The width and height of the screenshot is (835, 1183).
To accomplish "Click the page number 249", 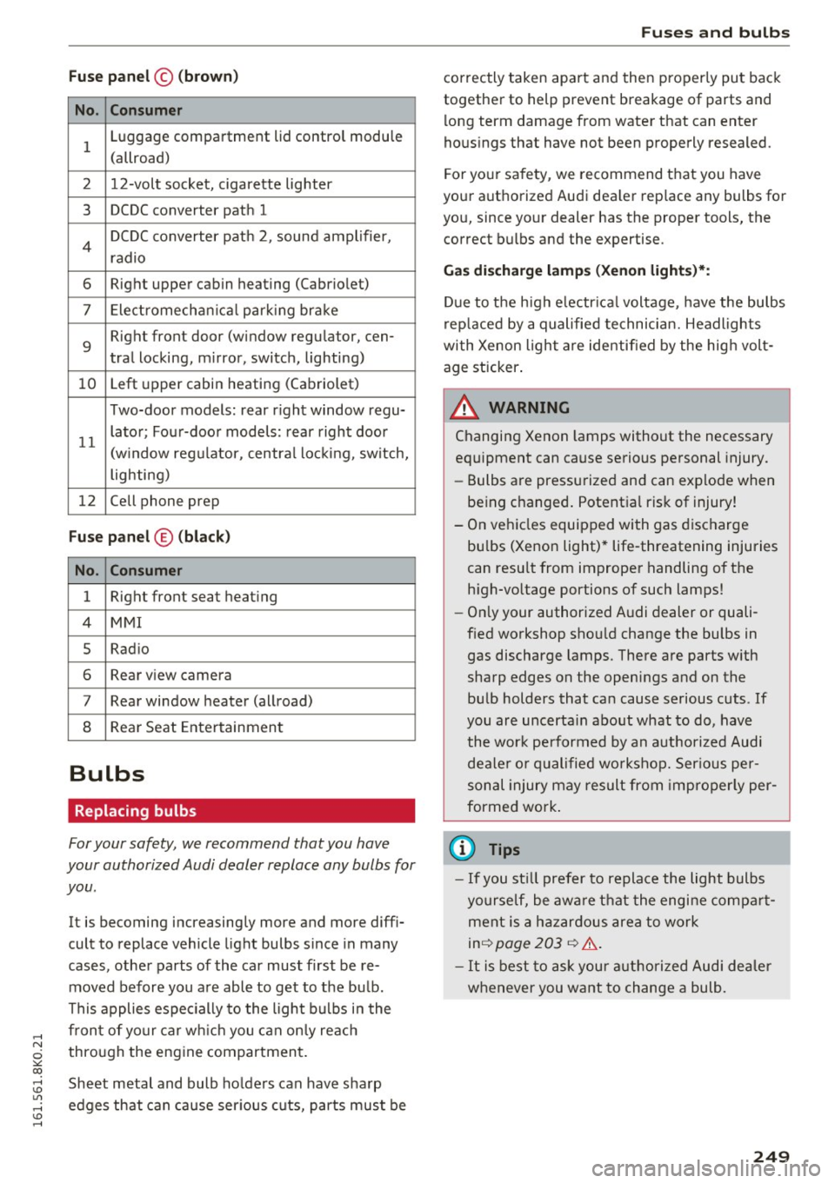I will point(771,1156).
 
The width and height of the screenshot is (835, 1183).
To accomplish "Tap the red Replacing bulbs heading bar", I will point(241,811).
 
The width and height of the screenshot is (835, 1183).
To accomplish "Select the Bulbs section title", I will point(106,774).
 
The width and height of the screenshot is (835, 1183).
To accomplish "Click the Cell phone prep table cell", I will point(259,501).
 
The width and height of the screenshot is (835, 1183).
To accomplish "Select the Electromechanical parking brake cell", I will point(259,310).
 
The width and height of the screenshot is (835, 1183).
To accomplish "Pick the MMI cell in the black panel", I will point(259,622).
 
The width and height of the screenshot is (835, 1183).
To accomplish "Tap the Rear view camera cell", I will point(259,675).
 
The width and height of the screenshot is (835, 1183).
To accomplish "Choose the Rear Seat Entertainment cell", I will point(259,727).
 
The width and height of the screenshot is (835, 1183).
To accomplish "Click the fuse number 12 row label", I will point(87,501).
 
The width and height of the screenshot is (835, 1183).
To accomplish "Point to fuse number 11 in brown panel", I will point(87,442).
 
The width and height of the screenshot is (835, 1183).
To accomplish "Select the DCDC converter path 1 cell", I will point(259,210).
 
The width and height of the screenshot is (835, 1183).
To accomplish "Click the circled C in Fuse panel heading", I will point(164,76).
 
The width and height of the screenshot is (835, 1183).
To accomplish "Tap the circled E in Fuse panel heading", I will point(164,537).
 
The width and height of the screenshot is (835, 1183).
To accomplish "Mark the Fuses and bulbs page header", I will point(715,32).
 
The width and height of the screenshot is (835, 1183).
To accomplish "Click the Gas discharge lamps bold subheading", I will point(576,270).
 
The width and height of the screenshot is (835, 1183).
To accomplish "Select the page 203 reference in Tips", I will point(528,943).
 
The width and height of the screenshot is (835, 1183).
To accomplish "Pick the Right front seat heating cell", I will point(259,596).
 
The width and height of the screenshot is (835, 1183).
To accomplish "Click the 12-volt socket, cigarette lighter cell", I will point(259,184).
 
